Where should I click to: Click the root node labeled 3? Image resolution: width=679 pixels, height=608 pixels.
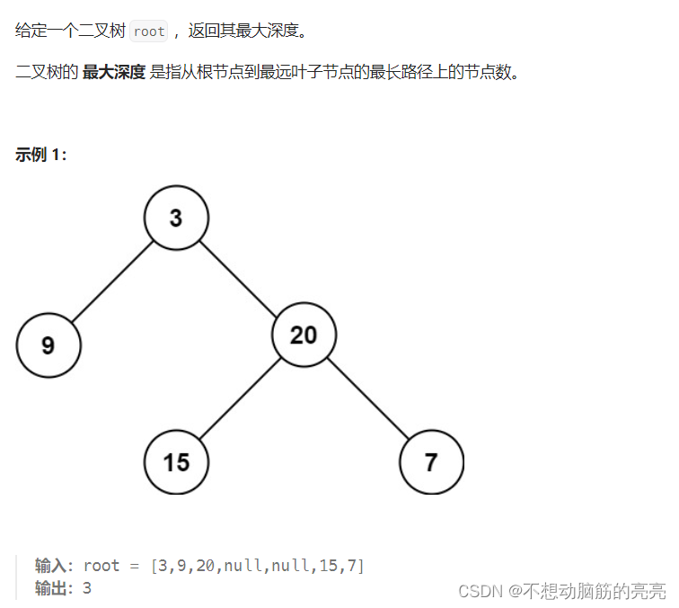pyautogui.click(x=176, y=218)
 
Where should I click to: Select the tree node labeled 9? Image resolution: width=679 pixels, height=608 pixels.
pyautogui.click(x=48, y=345)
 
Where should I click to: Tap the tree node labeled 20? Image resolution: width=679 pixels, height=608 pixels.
pyautogui.click(x=304, y=335)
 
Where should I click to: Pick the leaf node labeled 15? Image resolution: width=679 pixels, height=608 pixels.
pyautogui.click(x=176, y=462)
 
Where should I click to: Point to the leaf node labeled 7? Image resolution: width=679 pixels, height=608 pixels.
pyautogui.click(x=431, y=462)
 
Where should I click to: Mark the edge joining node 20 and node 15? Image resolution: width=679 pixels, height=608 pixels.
pyautogui.click(x=240, y=398)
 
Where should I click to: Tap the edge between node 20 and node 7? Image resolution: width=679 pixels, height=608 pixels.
pyautogui.click(x=367, y=398)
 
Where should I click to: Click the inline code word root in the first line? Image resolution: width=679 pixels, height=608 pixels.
pyautogui.click(x=148, y=31)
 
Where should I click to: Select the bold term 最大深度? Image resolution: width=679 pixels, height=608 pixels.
pyautogui.click(x=113, y=72)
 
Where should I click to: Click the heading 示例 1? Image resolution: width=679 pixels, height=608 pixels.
pyautogui.click(x=41, y=154)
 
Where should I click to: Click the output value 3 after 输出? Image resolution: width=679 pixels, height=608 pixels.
pyautogui.click(x=87, y=588)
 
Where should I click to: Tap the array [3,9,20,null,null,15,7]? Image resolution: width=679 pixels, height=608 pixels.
pyautogui.click(x=258, y=566)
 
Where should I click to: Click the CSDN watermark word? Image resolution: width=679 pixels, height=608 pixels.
pyautogui.click(x=478, y=591)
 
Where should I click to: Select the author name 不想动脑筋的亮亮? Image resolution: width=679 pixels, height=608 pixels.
pyautogui.click(x=595, y=591)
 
